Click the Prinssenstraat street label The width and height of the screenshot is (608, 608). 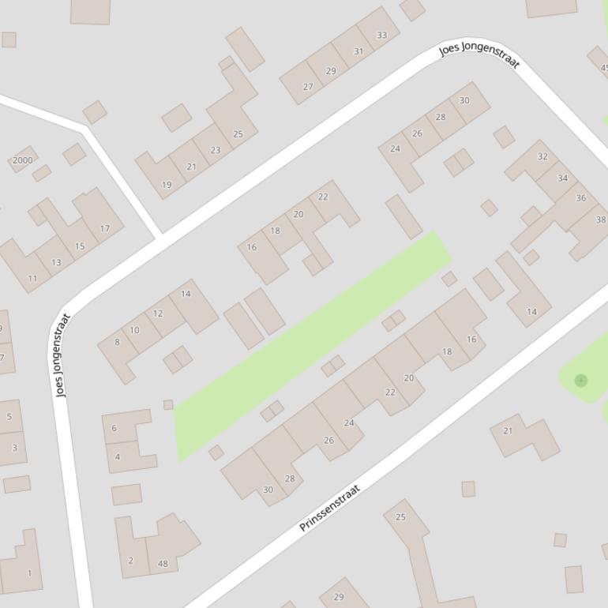pyautogui.click(x=330, y=508)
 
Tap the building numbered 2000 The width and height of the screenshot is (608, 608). pyautogui.click(x=23, y=160)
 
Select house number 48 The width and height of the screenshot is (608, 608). pyautogui.click(x=163, y=563)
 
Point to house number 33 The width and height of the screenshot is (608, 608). pyautogui.click(x=382, y=35)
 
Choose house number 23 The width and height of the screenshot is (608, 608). pyautogui.click(x=216, y=149)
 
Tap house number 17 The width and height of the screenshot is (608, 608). pyautogui.click(x=105, y=228)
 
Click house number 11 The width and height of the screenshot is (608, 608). pyautogui.click(x=32, y=278)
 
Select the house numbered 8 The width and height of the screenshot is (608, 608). pyautogui.click(x=118, y=342)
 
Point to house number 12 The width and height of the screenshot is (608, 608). pyautogui.click(x=158, y=313)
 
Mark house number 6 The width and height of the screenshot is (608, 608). pyautogui.click(x=114, y=428)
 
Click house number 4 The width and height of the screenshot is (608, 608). pyautogui.click(x=118, y=456)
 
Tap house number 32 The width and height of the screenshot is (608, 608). pyautogui.click(x=542, y=156)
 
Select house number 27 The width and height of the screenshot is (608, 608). pyautogui.click(x=308, y=87)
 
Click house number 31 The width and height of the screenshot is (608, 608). pyautogui.click(x=358, y=51)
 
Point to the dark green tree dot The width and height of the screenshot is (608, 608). pyautogui.click(x=581, y=381)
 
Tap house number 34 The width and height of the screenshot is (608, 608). pyautogui.click(x=562, y=178)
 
